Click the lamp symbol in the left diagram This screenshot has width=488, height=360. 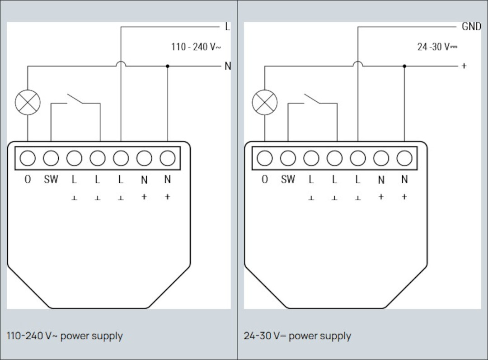[28, 102]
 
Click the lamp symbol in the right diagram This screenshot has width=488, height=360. [264, 102]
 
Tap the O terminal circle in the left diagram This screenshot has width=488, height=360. [28, 158]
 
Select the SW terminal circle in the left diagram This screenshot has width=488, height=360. [51, 158]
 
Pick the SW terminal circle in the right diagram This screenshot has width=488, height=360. [288, 158]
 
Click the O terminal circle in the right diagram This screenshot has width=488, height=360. [264, 158]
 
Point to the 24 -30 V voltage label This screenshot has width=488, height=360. [437, 47]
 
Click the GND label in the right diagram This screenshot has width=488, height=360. [471, 27]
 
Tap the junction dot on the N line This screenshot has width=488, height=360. [168, 66]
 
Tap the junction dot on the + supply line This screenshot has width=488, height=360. [404, 66]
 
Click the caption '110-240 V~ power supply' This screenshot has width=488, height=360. [65, 336]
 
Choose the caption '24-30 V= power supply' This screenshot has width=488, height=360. [297, 336]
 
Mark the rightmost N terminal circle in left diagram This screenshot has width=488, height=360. [168, 158]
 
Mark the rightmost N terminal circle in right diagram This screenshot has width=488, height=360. [404, 158]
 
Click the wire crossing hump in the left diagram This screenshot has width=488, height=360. [121, 64]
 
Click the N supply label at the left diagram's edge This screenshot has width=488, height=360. [228, 66]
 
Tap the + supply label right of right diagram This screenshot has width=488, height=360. [464, 66]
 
